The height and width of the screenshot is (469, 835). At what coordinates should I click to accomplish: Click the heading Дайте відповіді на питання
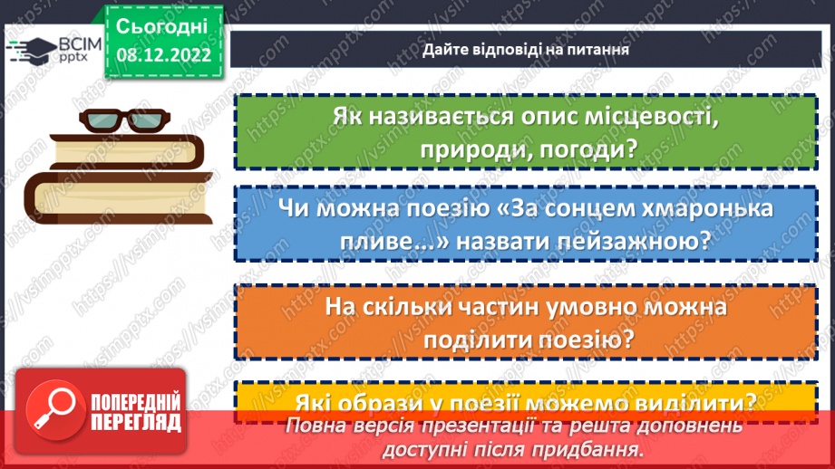(525, 49)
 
